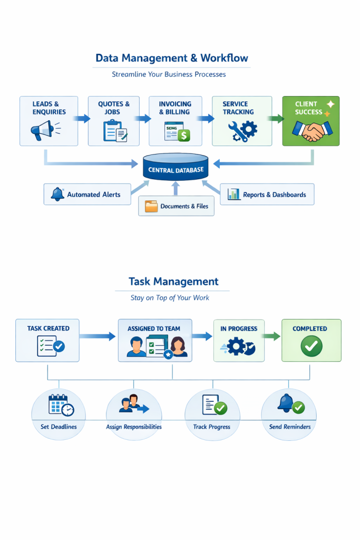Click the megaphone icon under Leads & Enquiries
(43, 130)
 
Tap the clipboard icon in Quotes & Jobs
(114, 130)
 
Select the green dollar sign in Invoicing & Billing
(183, 136)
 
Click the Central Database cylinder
(176, 168)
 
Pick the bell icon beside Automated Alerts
(57, 194)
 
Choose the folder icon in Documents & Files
(151, 206)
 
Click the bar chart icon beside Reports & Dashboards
(233, 194)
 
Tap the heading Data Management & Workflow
(171, 58)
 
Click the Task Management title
(173, 282)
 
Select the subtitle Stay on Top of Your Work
(170, 298)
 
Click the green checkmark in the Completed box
(311, 346)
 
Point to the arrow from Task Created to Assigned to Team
(97, 336)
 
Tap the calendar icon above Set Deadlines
(60, 405)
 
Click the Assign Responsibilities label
(134, 427)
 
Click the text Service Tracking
(238, 108)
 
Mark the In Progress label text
(239, 329)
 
